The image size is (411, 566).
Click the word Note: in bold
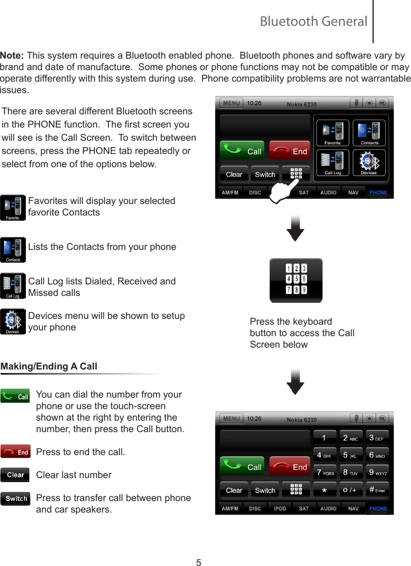[x=12, y=56]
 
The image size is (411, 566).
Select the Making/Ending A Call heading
[x=49, y=366]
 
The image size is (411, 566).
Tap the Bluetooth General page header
[x=313, y=22]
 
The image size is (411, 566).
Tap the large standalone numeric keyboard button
[x=296, y=280]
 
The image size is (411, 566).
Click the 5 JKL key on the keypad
[x=351, y=456]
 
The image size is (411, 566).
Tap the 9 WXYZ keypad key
[x=378, y=473]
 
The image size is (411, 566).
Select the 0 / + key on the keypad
[x=351, y=490]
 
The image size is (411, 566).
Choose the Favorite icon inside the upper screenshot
[x=333, y=133]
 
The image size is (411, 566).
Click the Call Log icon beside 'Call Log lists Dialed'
[x=13, y=286]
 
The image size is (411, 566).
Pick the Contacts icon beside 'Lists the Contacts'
[x=13, y=251]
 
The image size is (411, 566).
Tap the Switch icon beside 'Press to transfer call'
[x=15, y=498]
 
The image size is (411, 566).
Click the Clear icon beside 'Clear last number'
[x=15, y=475]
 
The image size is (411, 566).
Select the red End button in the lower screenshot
[x=290, y=467]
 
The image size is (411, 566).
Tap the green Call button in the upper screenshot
[x=242, y=151]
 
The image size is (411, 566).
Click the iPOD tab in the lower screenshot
[x=280, y=509]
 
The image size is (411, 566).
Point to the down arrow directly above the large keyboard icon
[x=295, y=228]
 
